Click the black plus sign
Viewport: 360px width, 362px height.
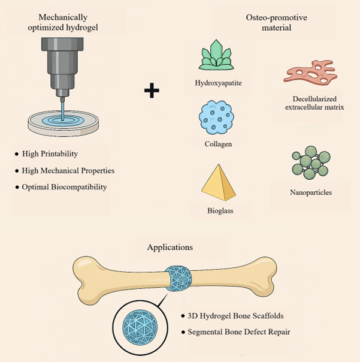pos(152,90)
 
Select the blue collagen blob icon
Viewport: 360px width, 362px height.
pos(216,117)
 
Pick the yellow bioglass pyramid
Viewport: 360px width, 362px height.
pos(218,182)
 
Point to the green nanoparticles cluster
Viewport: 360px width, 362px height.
pos(311,162)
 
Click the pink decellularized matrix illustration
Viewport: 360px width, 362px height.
pos(311,71)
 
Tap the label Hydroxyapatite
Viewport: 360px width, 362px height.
pos(218,83)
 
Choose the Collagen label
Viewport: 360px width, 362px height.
pos(218,144)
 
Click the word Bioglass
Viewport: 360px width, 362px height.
pos(220,210)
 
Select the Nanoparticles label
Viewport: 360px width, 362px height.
pos(311,192)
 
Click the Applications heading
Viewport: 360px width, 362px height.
pos(170,248)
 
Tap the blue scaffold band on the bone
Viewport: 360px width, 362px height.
pos(179,278)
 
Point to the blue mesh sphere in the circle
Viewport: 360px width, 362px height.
pos(140,327)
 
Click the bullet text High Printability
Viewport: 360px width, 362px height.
pos(50,154)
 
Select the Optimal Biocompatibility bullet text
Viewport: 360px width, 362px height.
pos(64,187)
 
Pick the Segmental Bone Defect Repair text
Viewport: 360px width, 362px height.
pos(239,332)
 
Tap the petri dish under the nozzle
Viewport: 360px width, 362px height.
pos(63,123)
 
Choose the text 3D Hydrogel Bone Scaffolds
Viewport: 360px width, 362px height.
pos(235,316)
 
